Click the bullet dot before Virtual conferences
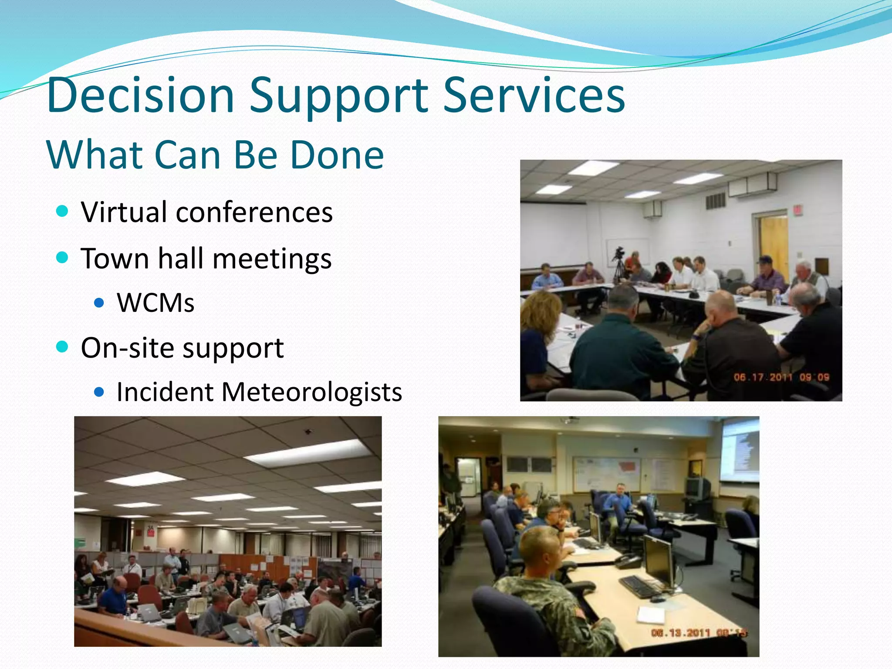[x=63, y=212]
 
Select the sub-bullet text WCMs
[x=155, y=303]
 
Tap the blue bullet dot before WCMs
[x=99, y=303]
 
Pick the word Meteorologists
[x=311, y=392]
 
